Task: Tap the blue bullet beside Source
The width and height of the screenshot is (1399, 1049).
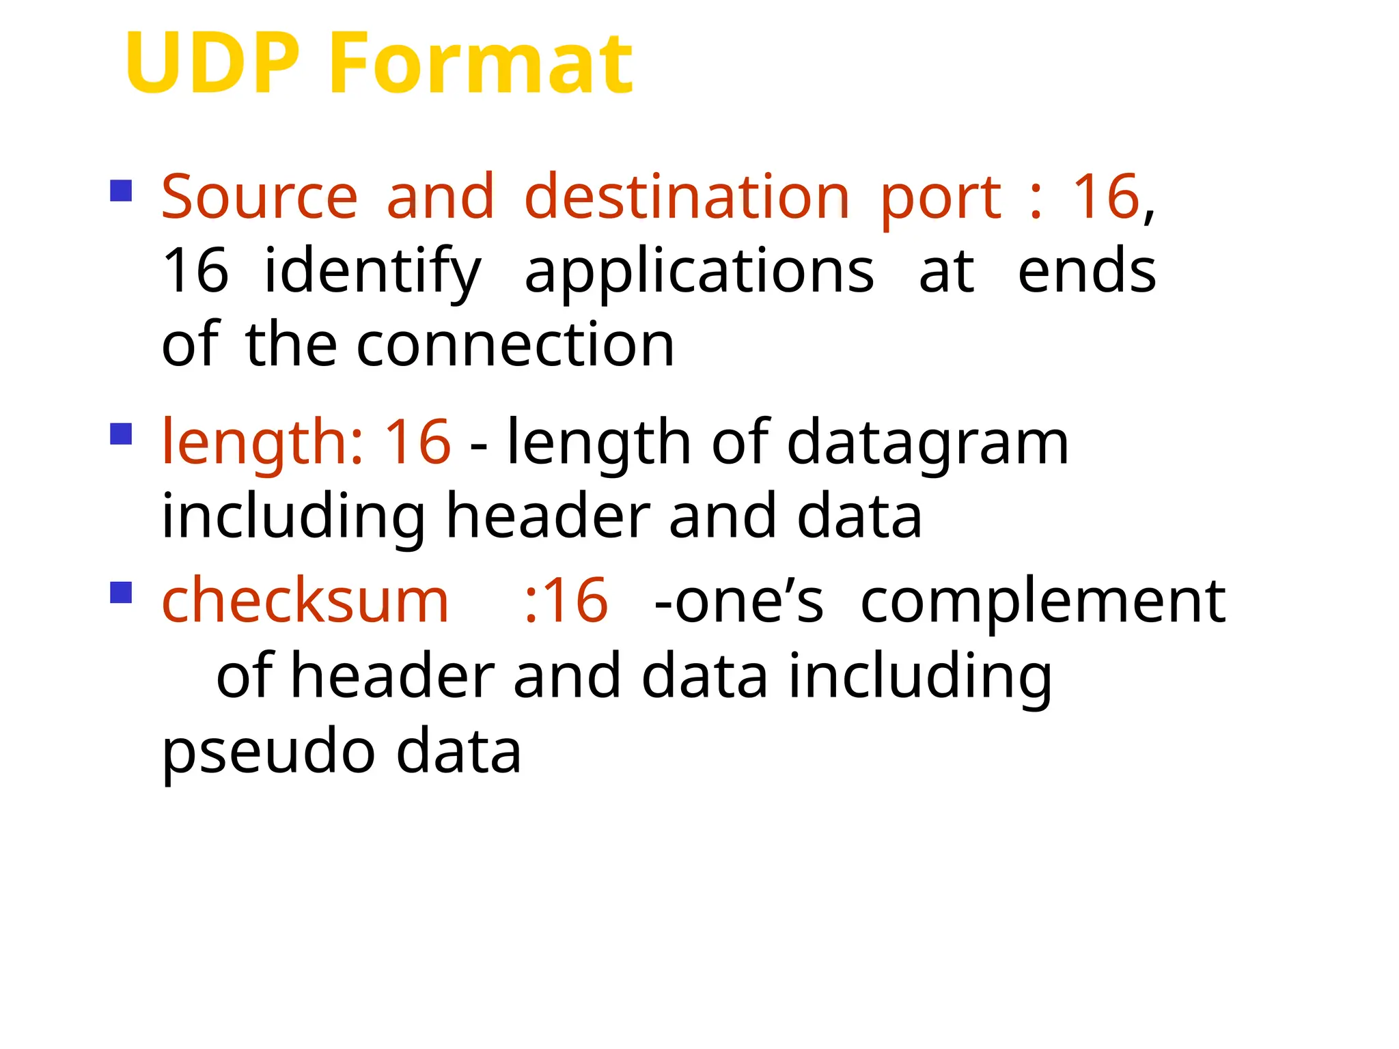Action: point(121,191)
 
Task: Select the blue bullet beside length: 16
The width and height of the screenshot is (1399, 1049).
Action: point(121,434)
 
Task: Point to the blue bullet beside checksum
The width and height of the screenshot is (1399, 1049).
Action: point(121,592)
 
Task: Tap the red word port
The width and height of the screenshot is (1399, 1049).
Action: point(941,198)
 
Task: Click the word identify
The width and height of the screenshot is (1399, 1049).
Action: point(373,272)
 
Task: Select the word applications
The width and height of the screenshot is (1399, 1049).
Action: point(699,272)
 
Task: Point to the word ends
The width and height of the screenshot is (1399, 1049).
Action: point(1087,272)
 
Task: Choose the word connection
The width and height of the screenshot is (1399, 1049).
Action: point(515,345)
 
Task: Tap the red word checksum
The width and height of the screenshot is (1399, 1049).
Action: point(305,601)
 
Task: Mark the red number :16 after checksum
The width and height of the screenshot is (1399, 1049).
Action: point(566,601)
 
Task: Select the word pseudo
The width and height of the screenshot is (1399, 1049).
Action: point(268,753)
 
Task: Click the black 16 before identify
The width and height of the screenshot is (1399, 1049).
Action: point(195,272)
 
